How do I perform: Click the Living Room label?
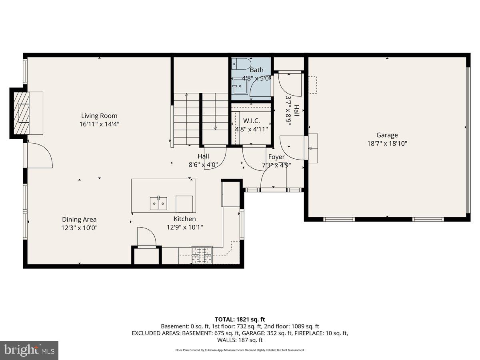[x=99, y=116]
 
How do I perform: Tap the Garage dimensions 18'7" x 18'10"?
[x=387, y=144]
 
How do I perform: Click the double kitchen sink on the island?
[x=158, y=203]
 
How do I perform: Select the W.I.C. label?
[x=251, y=120]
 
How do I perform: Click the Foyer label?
[x=276, y=157]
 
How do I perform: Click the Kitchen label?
[x=184, y=219]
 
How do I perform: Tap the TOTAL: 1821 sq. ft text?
[x=240, y=319]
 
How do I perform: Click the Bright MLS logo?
[x=29, y=350]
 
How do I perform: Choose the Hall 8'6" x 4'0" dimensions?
[x=203, y=164]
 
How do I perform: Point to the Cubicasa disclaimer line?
[x=240, y=350]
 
